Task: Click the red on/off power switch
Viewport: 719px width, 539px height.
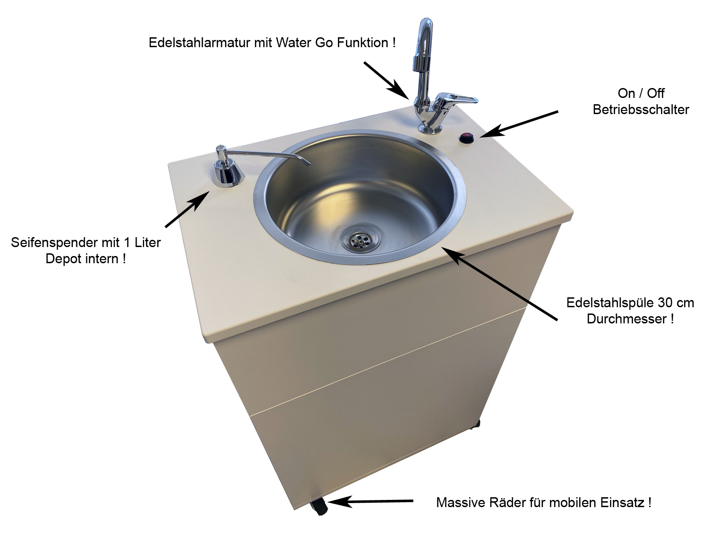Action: (x=466, y=138)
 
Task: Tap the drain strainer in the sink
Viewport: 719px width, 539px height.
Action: (x=360, y=241)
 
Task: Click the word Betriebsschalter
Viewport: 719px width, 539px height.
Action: (x=641, y=110)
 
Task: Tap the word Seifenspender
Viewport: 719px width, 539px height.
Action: (x=54, y=243)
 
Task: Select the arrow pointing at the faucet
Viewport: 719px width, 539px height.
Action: (x=386, y=80)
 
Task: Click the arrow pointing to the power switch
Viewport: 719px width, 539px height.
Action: (x=519, y=124)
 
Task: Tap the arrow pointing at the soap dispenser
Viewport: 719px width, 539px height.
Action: (x=187, y=209)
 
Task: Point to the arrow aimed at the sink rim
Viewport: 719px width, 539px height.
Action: (x=500, y=283)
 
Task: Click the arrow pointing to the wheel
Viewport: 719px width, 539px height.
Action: (x=371, y=501)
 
